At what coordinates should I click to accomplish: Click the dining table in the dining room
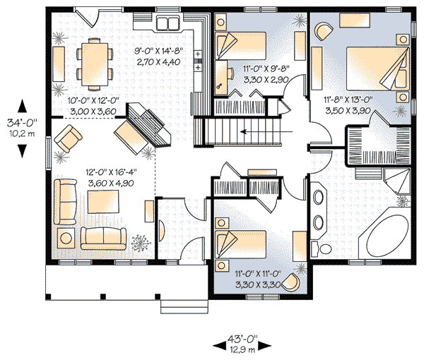[95, 64]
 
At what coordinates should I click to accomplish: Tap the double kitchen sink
[168, 23]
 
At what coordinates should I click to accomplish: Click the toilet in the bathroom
[321, 248]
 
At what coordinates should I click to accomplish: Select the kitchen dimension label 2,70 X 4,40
[158, 62]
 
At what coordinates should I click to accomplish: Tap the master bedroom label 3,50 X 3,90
[348, 111]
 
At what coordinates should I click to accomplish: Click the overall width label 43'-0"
[242, 338]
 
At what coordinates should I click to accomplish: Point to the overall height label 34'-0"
[22, 123]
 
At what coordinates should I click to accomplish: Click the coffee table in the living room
[103, 202]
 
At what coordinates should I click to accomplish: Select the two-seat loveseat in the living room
[104, 238]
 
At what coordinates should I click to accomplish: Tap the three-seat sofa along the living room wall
[66, 201]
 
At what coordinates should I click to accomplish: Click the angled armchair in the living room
[68, 138]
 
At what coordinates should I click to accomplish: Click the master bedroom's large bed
[377, 68]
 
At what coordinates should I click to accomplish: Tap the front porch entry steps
[182, 306]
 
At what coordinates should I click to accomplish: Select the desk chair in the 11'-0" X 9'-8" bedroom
[230, 73]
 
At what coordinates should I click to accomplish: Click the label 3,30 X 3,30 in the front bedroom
[258, 284]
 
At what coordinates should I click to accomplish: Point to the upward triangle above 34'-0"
[22, 106]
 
